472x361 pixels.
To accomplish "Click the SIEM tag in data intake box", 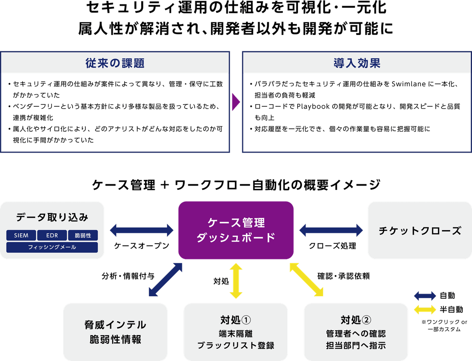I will [21, 235].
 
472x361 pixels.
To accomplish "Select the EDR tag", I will [52, 235].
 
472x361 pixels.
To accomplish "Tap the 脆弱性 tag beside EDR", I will [83, 235].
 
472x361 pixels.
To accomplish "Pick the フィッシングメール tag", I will [52, 247].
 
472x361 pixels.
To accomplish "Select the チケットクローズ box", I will [419, 230].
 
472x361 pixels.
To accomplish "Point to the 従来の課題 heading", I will [115, 63].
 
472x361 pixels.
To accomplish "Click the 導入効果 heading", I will [357, 63].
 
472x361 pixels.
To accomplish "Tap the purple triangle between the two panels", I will [236, 102].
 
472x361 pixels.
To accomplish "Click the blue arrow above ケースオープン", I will [141, 230].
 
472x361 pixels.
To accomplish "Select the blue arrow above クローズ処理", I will [331, 230].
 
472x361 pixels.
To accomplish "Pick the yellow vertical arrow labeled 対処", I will [236, 280].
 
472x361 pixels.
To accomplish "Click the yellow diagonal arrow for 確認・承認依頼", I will [307, 280].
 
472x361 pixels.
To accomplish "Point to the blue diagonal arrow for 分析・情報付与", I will [165, 280].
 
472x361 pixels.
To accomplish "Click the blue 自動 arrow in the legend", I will [425, 295].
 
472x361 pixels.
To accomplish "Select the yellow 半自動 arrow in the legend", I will [425, 310].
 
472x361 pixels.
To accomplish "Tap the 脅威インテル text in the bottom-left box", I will [115, 325].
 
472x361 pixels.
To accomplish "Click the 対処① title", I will [236, 319].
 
